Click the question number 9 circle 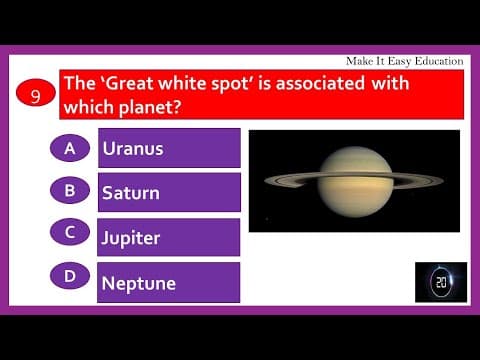pyautogui.click(x=35, y=96)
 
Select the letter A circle pyautogui.click(x=70, y=148)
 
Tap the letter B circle pyautogui.click(x=70, y=189)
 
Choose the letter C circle pyautogui.click(x=70, y=232)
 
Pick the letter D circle pyautogui.click(x=70, y=275)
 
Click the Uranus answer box pyautogui.click(x=169, y=148)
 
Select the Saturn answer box pyautogui.click(x=169, y=192)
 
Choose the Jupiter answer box pyautogui.click(x=169, y=237)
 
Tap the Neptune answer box pyautogui.click(x=169, y=282)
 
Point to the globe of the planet pyautogui.click(x=356, y=180)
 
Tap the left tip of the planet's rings pyautogui.click(x=267, y=181)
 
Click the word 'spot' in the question pyautogui.click(x=248, y=84)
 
